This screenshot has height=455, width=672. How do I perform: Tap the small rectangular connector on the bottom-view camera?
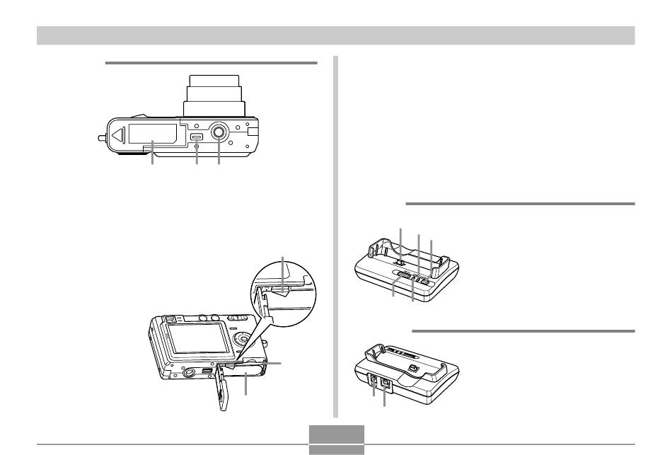click(197, 137)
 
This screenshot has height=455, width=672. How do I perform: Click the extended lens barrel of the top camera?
click(215, 93)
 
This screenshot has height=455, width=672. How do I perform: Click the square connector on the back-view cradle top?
click(412, 369)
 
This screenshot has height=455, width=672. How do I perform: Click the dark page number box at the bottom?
click(337, 439)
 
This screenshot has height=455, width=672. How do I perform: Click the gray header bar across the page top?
click(336, 35)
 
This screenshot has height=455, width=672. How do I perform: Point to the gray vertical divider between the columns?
click(335, 234)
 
